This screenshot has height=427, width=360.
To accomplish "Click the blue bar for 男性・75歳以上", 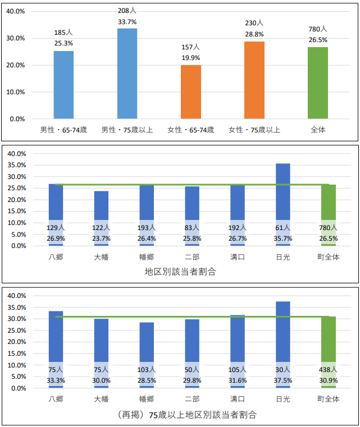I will [x=127, y=73].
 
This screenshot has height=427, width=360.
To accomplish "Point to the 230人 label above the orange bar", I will [x=254, y=23].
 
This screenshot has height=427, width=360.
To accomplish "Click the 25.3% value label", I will [x=63, y=43].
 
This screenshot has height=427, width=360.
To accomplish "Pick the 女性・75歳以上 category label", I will [x=254, y=130].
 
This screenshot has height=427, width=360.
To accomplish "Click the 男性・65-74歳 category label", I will [x=63, y=130].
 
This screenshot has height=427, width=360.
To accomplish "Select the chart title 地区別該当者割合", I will [x=180, y=272].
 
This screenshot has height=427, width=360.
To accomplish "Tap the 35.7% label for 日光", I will [x=283, y=238].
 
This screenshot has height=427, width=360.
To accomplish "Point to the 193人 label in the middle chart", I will [x=147, y=228].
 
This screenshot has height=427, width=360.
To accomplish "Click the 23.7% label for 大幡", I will [x=101, y=238].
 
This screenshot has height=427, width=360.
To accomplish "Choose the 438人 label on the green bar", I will [x=329, y=370].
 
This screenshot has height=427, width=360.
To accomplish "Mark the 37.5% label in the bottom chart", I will [x=283, y=380].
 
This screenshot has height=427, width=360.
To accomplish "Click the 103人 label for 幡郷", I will [x=147, y=370].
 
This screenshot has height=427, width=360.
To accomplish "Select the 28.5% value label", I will [x=147, y=380].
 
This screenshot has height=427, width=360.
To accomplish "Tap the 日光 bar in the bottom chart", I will [x=283, y=331].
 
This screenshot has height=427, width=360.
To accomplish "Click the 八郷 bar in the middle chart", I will [x=56, y=202].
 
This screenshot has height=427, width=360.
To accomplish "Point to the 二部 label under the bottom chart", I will [x=192, y=399].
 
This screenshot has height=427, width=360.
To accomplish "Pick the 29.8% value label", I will [x=192, y=380].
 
